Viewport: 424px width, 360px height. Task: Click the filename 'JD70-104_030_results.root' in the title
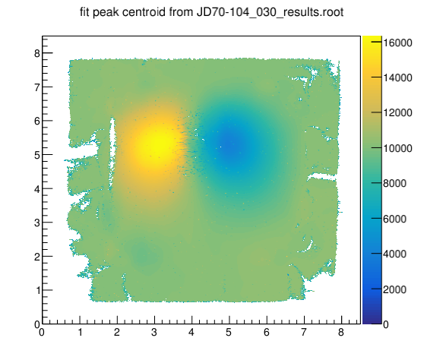click(270, 13)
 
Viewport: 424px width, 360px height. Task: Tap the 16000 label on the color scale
click(397, 43)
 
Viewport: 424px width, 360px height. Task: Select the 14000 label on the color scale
click(397, 77)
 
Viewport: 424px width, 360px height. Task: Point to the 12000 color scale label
click(397, 113)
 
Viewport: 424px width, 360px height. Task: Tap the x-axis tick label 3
click(154, 333)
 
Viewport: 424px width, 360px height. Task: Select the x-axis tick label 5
click(229, 333)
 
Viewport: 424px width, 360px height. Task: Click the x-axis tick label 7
click(304, 333)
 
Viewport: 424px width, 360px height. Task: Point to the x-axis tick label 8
click(341, 333)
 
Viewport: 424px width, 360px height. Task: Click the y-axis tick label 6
click(37, 121)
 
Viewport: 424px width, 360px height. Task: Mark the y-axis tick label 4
click(37, 189)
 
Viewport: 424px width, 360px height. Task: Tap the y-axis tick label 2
click(37, 257)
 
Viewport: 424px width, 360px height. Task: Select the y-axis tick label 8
click(37, 53)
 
